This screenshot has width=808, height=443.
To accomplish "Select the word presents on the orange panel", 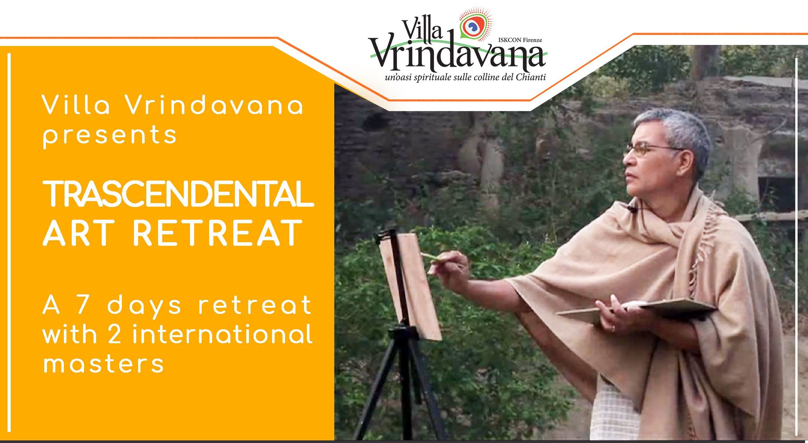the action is pos(110,136).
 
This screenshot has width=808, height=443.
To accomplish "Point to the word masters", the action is pos(104,364).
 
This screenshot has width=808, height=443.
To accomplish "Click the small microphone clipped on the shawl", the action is pos(631,208).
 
